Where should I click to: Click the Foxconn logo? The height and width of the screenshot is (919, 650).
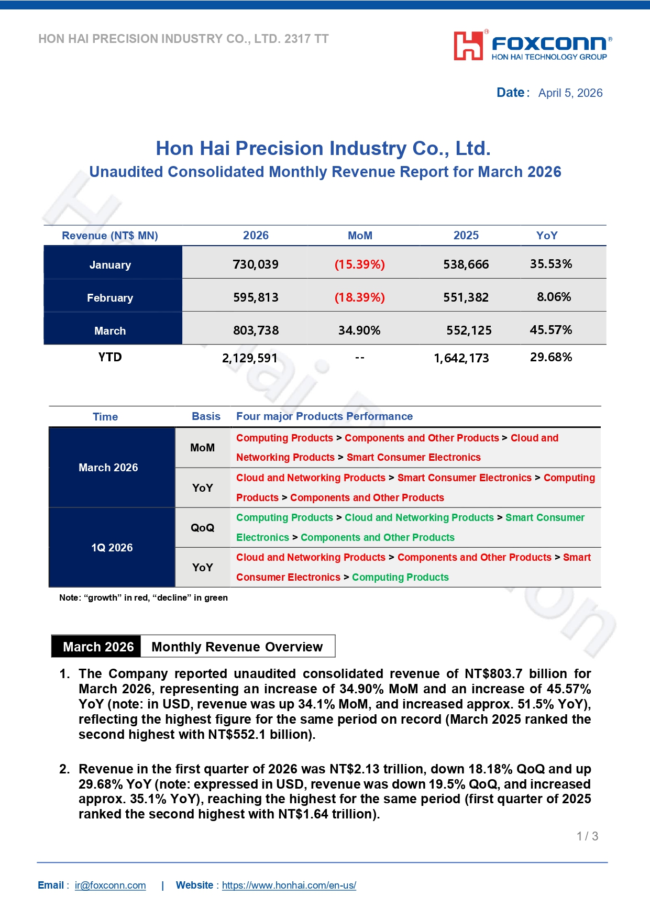point(532,46)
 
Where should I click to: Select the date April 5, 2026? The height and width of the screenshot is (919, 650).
point(570,93)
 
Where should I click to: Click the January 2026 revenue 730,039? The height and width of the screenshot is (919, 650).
point(256,264)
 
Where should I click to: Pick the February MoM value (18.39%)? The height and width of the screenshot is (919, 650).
point(359,297)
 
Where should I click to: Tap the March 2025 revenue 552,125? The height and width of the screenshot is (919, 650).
point(469,330)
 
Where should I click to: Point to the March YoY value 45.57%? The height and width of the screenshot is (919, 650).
point(550,330)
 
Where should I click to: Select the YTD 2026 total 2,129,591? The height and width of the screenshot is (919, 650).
point(250,358)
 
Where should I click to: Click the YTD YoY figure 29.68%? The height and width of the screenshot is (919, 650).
point(550,357)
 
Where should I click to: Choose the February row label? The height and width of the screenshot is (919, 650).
point(110,298)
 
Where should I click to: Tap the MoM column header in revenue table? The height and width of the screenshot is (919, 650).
point(360,236)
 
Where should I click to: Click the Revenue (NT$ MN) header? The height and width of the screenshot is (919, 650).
point(110,236)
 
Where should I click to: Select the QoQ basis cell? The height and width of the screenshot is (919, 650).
point(202,528)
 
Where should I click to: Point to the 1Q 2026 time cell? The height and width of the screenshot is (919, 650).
point(112,548)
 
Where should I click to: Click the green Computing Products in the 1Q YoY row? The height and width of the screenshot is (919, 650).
point(400,577)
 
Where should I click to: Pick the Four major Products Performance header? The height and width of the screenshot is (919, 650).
point(324,416)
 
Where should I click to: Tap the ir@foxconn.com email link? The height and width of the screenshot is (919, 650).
point(110,885)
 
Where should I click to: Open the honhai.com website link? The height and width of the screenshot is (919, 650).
point(289,885)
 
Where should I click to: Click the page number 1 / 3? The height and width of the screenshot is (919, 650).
point(587,836)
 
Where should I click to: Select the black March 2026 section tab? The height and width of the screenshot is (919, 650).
point(98,647)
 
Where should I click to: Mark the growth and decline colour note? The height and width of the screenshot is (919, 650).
point(144,597)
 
